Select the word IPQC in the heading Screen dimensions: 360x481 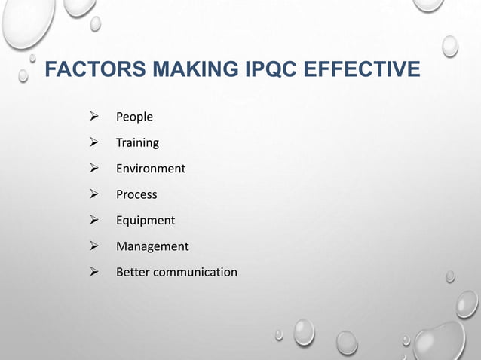click(271, 71)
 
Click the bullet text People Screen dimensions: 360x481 click(134, 117)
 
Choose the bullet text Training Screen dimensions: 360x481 click(137, 143)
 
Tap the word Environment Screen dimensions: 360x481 click(150, 169)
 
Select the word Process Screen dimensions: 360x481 click(136, 194)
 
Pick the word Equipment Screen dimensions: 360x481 click(145, 221)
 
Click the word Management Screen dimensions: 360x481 click(152, 246)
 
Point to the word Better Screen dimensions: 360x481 click(133, 272)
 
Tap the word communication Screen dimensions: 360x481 click(195, 272)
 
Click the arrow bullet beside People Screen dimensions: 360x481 click(94, 117)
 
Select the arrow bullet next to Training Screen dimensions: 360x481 click(94, 142)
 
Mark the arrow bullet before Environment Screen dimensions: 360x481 click(94, 168)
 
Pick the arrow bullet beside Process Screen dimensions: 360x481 click(94, 194)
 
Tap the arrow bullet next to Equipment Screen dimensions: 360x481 click(94, 220)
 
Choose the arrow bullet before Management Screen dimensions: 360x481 click(94, 246)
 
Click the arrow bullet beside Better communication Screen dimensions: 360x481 click(94, 272)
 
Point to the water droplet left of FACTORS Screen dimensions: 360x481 click(23, 75)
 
